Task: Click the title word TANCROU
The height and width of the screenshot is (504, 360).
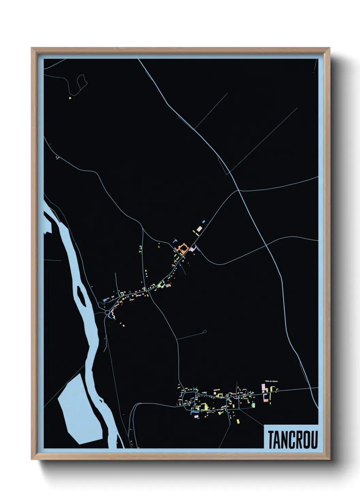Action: [x=293, y=440]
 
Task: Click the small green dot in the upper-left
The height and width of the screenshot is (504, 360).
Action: [x=70, y=98]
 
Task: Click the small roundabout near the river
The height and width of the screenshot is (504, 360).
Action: [x=107, y=312]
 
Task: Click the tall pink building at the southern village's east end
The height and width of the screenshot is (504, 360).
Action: [x=263, y=388]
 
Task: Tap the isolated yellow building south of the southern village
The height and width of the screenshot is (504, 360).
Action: [x=238, y=421]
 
